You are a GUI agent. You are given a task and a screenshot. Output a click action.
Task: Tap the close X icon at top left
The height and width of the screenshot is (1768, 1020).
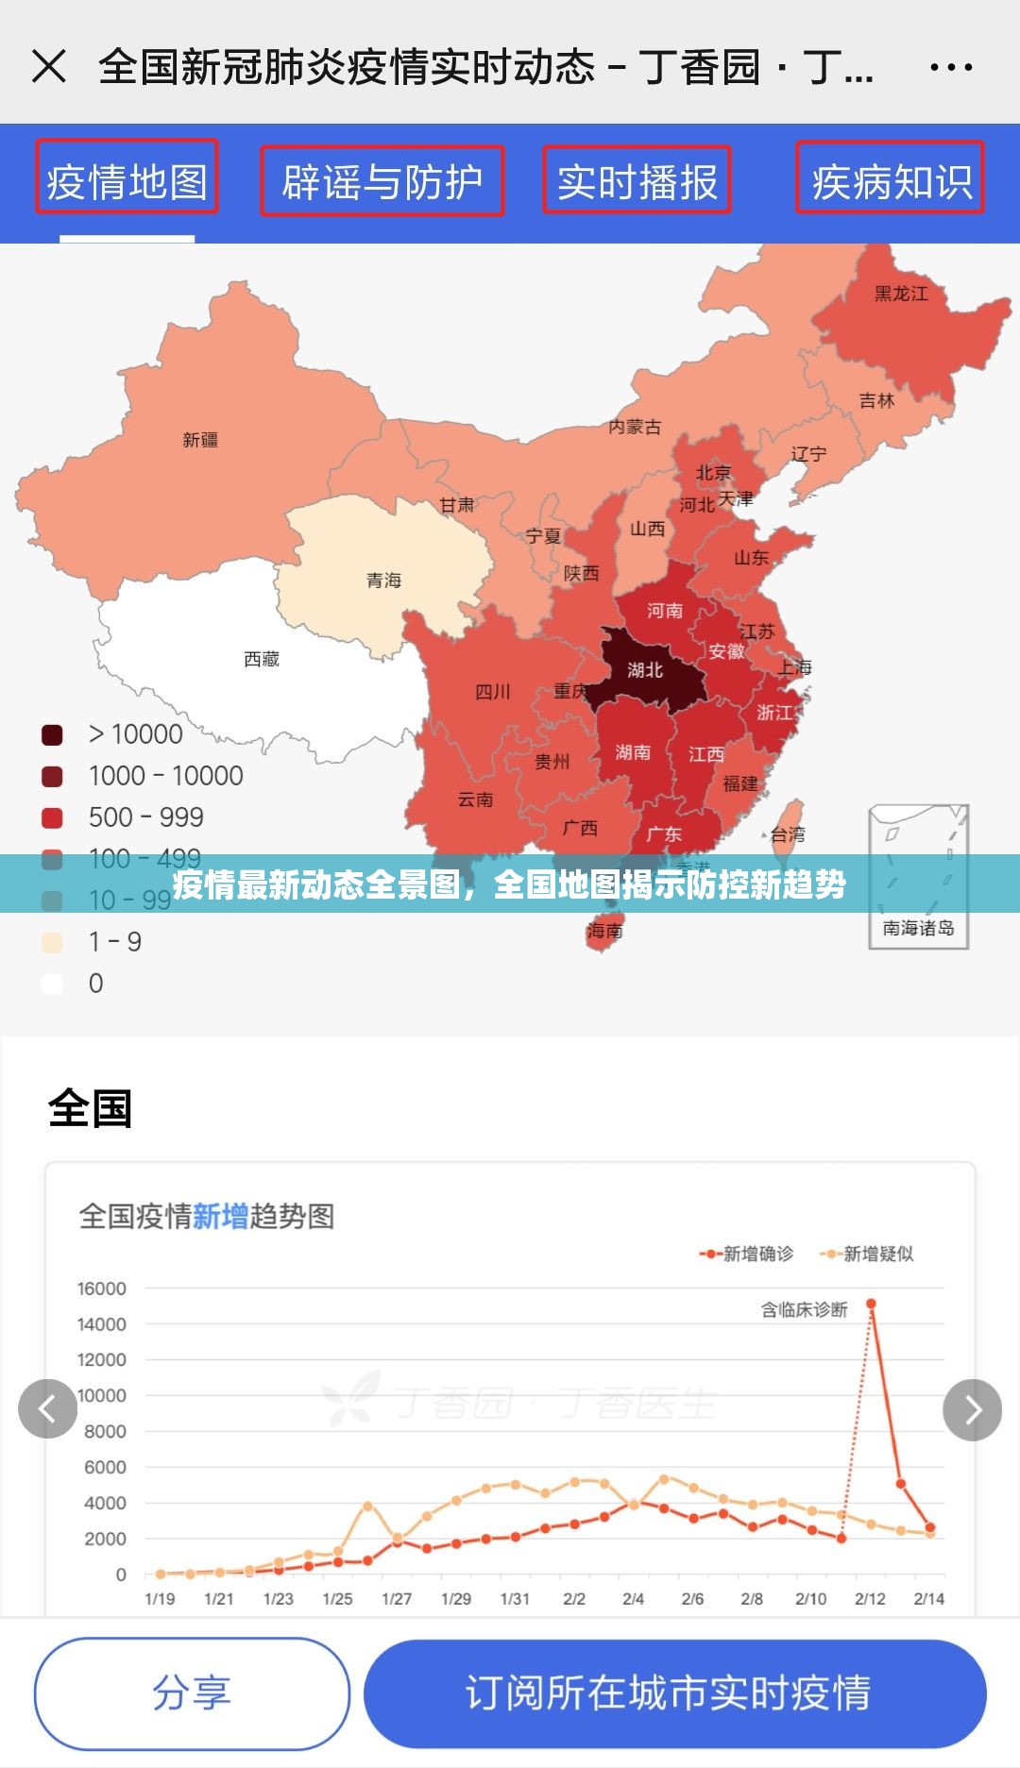[x=49, y=67]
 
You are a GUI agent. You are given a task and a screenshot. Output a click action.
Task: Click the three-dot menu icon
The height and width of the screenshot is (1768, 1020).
[x=950, y=67]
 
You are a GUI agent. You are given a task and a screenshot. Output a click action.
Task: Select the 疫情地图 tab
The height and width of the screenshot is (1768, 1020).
[x=127, y=179]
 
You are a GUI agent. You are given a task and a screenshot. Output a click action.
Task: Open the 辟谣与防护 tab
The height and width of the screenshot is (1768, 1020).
[x=382, y=181]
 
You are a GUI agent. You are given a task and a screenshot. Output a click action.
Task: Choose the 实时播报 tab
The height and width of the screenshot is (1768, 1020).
[x=637, y=181]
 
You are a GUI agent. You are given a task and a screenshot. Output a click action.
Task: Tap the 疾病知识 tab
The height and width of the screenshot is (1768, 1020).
[x=891, y=179]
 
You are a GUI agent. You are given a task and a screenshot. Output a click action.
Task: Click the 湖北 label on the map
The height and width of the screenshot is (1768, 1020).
[x=645, y=670]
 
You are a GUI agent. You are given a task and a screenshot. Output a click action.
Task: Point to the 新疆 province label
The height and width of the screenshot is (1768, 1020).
[x=200, y=440]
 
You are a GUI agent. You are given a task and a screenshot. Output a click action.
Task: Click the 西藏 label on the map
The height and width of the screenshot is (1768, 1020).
[x=262, y=659]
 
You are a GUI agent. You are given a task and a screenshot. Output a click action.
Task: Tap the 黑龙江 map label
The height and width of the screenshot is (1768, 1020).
[x=901, y=294]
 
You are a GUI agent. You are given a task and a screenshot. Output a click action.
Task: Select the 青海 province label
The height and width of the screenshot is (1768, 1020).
[x=384, y=581]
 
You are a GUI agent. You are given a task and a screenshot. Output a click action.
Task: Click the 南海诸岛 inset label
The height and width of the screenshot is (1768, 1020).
[x=918, y=928]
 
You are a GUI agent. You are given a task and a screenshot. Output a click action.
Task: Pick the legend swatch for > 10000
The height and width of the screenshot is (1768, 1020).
[x=52, y=734]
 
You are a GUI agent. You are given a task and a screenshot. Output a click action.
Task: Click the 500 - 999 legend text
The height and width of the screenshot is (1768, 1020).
[x=146, y=817]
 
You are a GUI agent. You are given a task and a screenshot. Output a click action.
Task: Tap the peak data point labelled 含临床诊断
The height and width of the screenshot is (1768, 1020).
[x=871, y=1304]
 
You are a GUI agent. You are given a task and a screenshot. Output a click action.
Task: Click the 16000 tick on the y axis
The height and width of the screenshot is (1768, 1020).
[x=102, y=1288]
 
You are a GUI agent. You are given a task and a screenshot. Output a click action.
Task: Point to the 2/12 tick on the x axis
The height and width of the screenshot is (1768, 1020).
[x=870, y=1599]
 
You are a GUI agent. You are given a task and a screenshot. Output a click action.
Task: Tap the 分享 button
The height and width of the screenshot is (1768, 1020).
[x=192, y=1692]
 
